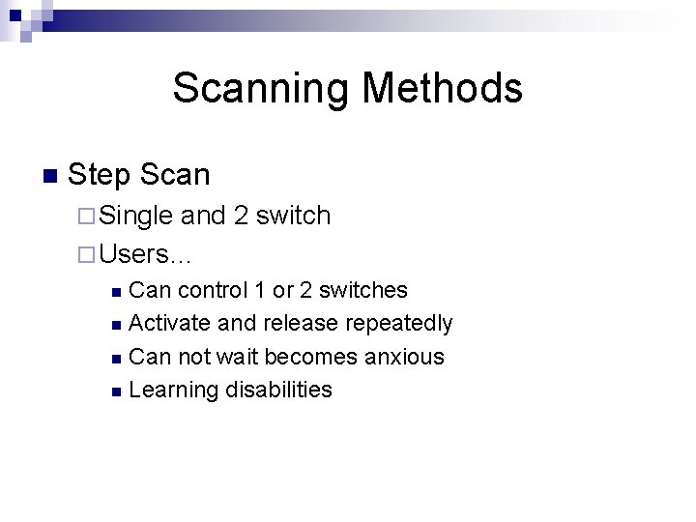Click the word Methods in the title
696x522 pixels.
(x=442, y=89)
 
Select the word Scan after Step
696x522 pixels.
(x=174, y=175)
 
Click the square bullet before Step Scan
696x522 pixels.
(x=49, y=176)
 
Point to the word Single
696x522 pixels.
(x=136, y=217)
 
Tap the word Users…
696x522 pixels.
(x=146, y=254)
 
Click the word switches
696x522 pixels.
(x=362, y=290)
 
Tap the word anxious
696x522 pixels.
(x=404, y=357)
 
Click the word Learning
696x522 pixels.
(x=173, y=391)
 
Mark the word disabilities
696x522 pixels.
(x=278, y=390)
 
